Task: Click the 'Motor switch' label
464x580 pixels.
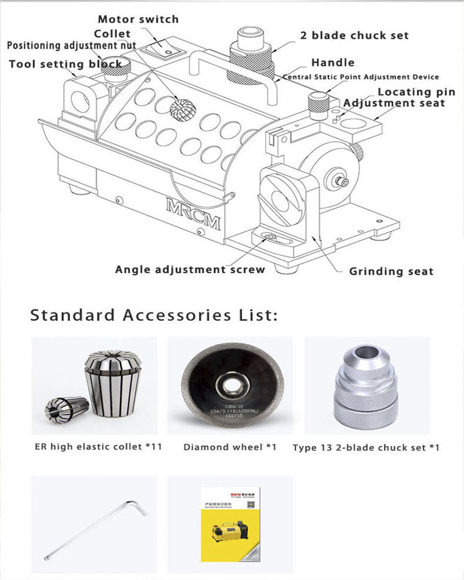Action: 138,19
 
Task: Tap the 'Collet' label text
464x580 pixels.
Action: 113,34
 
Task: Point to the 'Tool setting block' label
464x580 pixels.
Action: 66,64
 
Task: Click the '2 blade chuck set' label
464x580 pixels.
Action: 354,35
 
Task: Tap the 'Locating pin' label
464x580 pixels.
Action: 416,92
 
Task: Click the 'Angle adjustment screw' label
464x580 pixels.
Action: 190,269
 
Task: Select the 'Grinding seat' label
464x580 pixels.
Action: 391,271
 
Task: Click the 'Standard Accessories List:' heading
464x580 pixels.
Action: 154,316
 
